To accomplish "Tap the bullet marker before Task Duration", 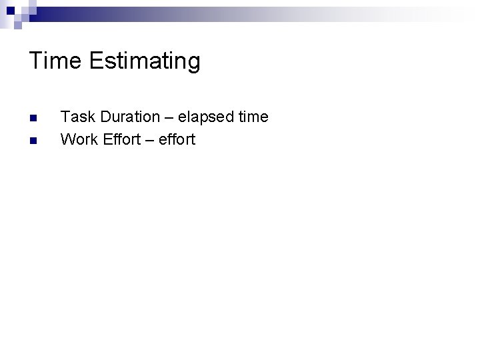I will [x=33, y=118].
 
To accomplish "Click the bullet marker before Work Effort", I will [x=33, y=140].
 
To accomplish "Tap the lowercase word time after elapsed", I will [x=253, y=117].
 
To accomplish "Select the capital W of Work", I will [x=67, y=139].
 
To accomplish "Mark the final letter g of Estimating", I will [x=193, y=64].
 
